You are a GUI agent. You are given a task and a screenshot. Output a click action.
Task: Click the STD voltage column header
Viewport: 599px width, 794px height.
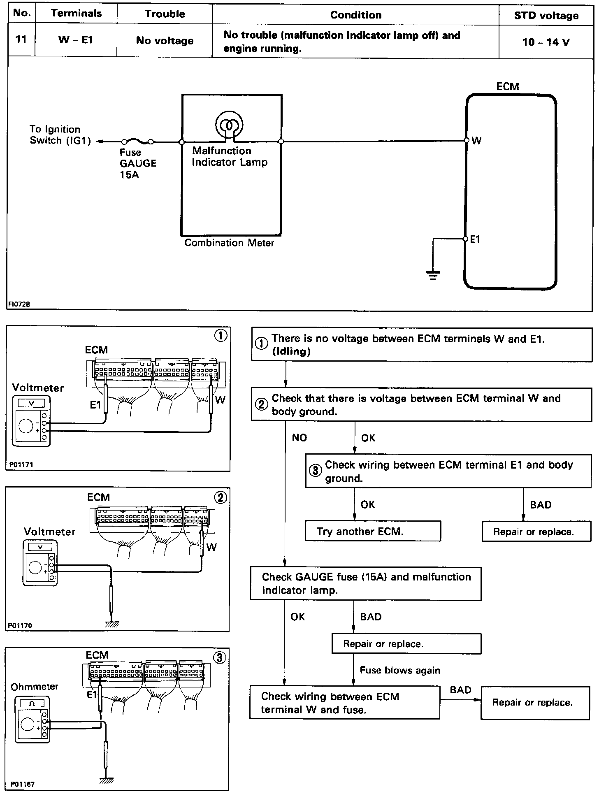point(546,16)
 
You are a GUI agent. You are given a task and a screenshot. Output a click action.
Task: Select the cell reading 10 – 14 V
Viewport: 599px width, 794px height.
point(546,42)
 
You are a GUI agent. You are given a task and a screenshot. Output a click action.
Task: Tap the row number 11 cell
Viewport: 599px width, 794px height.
point(21,40)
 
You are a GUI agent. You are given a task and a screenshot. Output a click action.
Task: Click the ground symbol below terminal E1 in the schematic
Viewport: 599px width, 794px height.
point(433,274)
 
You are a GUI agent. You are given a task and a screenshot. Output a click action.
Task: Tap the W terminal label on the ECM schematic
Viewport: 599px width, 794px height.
point(476,141)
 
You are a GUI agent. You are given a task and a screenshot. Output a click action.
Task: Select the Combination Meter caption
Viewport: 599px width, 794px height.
point(229,243)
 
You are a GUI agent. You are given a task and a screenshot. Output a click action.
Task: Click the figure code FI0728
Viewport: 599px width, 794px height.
point(19,304)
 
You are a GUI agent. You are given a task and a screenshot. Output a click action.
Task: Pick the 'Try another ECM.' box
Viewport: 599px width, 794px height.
point(373,531)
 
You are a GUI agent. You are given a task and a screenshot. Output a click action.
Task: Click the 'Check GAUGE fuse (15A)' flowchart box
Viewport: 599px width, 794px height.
point(365,583)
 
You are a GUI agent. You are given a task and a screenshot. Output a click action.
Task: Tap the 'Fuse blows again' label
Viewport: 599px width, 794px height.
point(400,670)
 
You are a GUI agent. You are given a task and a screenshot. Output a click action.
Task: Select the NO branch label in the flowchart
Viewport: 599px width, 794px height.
point(299,438)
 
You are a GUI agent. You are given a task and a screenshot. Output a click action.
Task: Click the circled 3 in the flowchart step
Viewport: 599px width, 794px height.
point(315,471)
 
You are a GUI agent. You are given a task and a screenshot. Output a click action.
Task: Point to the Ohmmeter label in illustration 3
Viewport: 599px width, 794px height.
point(35,686)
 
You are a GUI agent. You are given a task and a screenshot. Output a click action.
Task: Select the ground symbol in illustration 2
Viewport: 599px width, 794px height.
point(112,624)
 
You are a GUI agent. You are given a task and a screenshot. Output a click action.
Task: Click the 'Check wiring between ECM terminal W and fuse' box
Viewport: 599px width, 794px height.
point(344,703)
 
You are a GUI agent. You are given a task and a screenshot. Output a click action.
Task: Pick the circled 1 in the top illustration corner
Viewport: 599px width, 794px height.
point(221,336)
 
